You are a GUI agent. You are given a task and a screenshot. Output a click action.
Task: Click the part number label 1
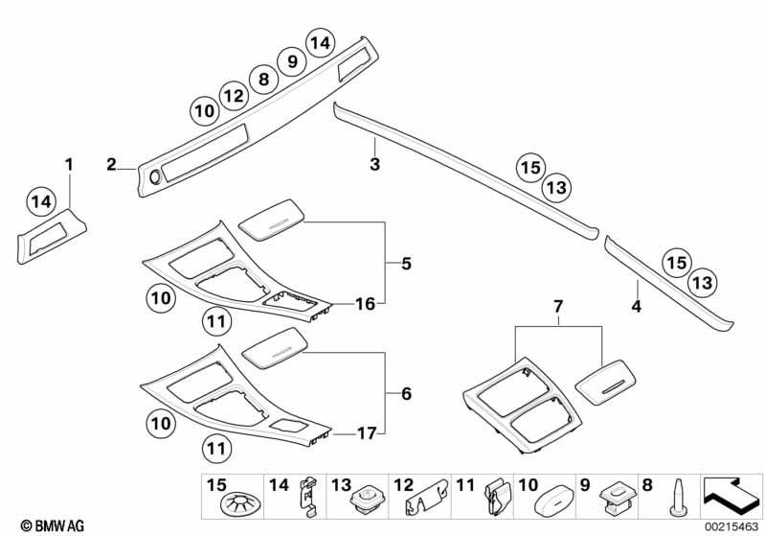[68, 164]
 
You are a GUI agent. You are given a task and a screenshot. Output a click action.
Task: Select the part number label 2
[111, 165]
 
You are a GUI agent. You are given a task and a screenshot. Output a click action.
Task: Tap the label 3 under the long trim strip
[375, 165]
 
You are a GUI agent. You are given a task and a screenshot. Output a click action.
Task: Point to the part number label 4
[636, 308]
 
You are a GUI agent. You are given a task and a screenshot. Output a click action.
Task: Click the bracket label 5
[406, 263]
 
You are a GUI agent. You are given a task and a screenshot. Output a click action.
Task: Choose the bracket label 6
[406, 394]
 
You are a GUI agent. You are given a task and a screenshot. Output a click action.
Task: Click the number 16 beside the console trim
[365, 304]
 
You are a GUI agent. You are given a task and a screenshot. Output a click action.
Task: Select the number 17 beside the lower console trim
[365, 434]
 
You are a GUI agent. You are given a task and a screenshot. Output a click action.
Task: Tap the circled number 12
[233, 95]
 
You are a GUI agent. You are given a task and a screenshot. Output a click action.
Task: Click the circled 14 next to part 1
[39, 201]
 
